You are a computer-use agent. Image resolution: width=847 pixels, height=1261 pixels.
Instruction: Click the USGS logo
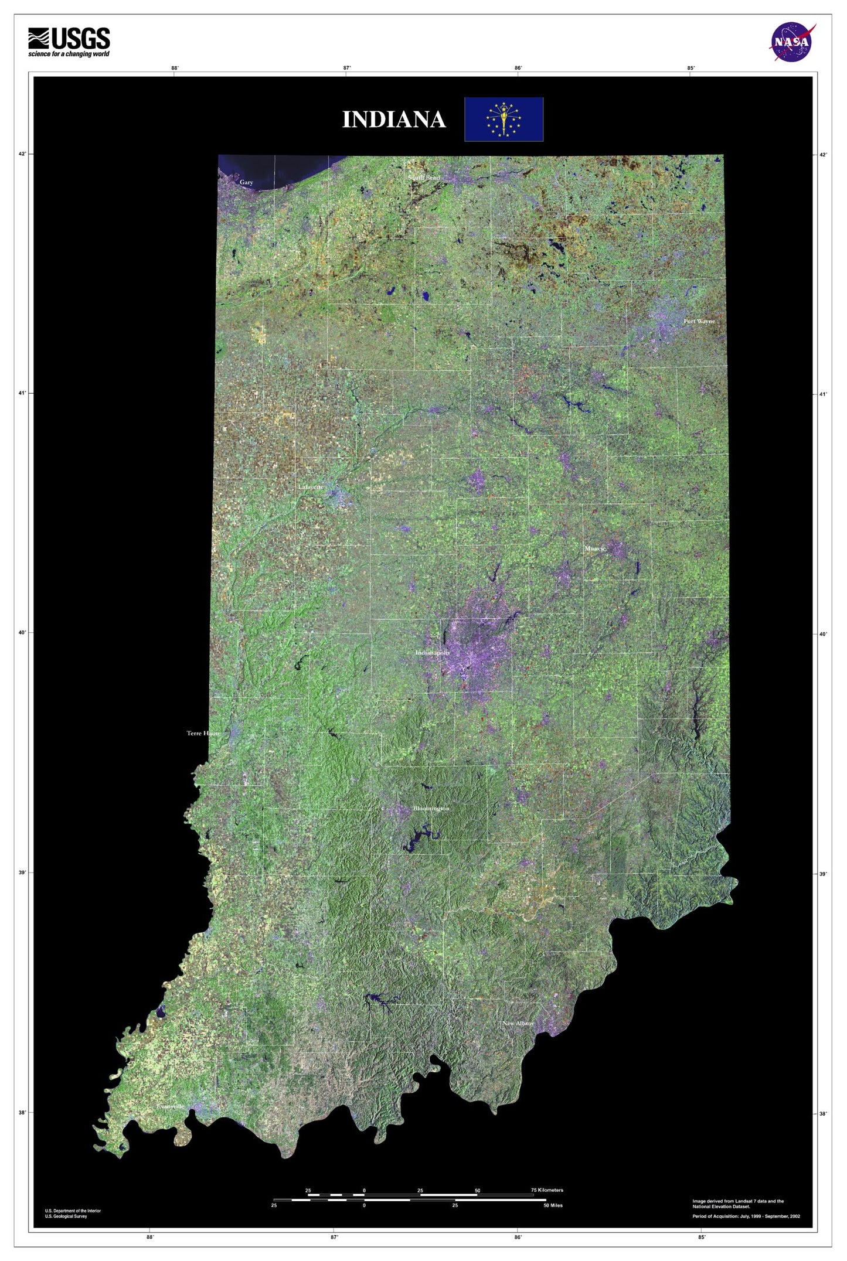coord(69,42)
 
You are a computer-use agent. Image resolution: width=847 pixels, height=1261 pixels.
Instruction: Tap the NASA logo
coord(791,42)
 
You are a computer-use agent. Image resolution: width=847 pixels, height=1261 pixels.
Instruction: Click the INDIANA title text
coord(394,120)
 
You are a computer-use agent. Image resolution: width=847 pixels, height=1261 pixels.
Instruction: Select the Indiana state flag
coord(504,119)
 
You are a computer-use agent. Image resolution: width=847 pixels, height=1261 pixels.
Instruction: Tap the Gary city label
coord(246,182)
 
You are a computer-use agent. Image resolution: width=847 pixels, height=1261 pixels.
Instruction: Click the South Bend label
coord(424,178)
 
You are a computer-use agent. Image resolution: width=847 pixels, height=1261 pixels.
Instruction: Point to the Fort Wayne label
coord(699,321)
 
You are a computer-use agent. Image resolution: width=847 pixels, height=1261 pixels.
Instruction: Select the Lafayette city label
coord(311,487)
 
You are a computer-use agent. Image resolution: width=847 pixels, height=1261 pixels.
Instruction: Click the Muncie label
coord(595,548)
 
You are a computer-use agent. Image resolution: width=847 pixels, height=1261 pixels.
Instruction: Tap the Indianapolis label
coord(433,653)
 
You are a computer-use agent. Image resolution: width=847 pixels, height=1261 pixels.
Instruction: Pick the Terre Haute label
coord(203,733)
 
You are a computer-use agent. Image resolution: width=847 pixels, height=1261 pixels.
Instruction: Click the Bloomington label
coord(431,809)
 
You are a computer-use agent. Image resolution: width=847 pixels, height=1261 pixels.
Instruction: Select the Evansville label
coord(171,1106)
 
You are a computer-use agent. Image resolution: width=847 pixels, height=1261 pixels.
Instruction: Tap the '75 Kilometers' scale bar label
coord(546,1190)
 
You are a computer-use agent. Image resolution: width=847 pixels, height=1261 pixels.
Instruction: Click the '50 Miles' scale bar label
coord(553,1205)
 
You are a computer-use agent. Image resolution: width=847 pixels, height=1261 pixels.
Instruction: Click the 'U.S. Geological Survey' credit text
coord(66,1216)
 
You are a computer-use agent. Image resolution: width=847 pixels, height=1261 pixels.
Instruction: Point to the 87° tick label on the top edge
coord(347,68)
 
